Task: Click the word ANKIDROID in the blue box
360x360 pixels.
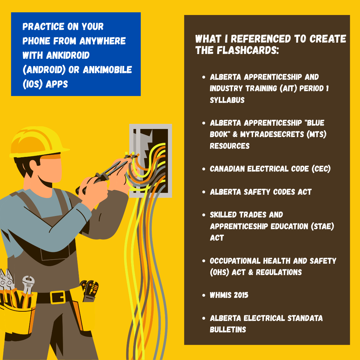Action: (x=68, y=55)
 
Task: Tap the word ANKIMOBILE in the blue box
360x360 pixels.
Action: (x=107, y=70)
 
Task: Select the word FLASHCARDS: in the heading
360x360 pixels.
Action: (x=248, y=50)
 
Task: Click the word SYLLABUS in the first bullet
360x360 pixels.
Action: (x=227, y=100)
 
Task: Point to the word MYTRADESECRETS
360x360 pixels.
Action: (x=272, y=134)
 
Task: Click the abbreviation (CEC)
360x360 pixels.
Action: (x=321, y=169)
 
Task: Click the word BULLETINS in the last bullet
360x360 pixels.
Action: (x=228, y=329)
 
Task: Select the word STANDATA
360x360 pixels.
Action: (x=305, y=318)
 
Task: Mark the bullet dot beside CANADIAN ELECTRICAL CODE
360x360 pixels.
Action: (x=204, y=169)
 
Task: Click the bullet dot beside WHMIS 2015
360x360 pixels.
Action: (x=204, y=295)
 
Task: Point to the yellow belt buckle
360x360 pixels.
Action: (x=58, y=297)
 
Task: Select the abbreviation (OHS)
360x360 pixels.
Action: (x=220, y=272)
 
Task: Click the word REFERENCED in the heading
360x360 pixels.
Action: (x=261, y=39)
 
